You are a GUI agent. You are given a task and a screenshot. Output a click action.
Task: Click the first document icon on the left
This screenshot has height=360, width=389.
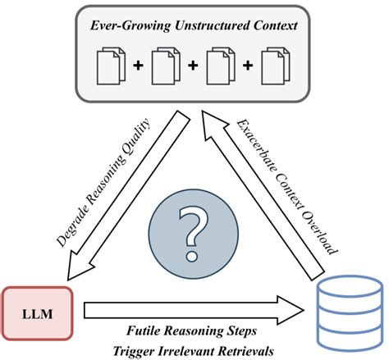point(111,66)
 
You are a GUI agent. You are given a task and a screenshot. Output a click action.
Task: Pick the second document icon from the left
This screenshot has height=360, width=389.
point(166,66)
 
